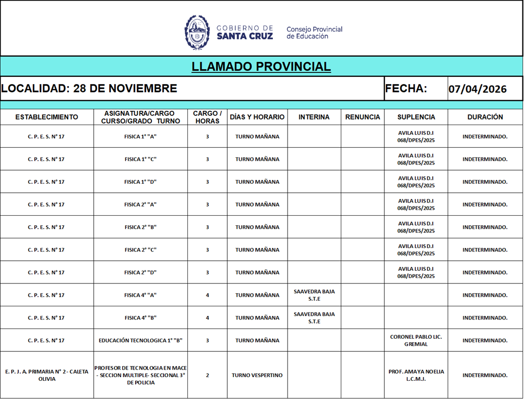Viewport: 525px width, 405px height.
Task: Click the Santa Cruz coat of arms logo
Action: click(x=197, y=32)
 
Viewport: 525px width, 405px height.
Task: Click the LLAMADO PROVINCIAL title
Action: click(x=261, y=66)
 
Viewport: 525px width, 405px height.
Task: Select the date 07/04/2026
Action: click(x=477, y=89)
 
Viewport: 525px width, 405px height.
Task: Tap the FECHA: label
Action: click(x=406, y=89)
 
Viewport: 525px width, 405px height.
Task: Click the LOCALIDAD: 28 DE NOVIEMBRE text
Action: click(x=89, y=89)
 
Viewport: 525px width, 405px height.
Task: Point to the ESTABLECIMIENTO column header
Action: click(x=47, y=117)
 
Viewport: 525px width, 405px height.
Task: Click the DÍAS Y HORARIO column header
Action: click(x=257, y=117)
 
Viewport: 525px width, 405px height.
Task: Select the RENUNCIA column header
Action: click(x=362, y=117)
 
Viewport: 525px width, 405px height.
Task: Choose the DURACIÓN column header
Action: click(x=485, y=117)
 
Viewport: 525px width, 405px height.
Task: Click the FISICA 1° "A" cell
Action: click(x=140, y=137)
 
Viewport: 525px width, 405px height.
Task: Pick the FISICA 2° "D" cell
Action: click(x=140, y=272)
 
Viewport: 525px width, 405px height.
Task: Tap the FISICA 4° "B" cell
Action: click(x=140, y=318)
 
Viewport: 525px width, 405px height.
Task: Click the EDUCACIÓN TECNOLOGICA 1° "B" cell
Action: click(x=140, y=341)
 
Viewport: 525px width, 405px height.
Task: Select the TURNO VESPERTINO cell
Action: click(x=257, y=376)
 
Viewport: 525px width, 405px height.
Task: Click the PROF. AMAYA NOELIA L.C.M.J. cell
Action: click(x=416, y=375)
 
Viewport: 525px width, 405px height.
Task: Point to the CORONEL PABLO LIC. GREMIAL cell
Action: click(x=416, y=340)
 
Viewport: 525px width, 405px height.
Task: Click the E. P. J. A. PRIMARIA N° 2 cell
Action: click(x=47, y=375)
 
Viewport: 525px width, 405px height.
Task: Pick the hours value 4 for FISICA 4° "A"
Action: click(x=207, y=295)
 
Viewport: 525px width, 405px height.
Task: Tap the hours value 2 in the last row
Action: click(x=207, y=376)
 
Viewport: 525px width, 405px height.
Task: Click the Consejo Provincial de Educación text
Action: click(x=314, y=32)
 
